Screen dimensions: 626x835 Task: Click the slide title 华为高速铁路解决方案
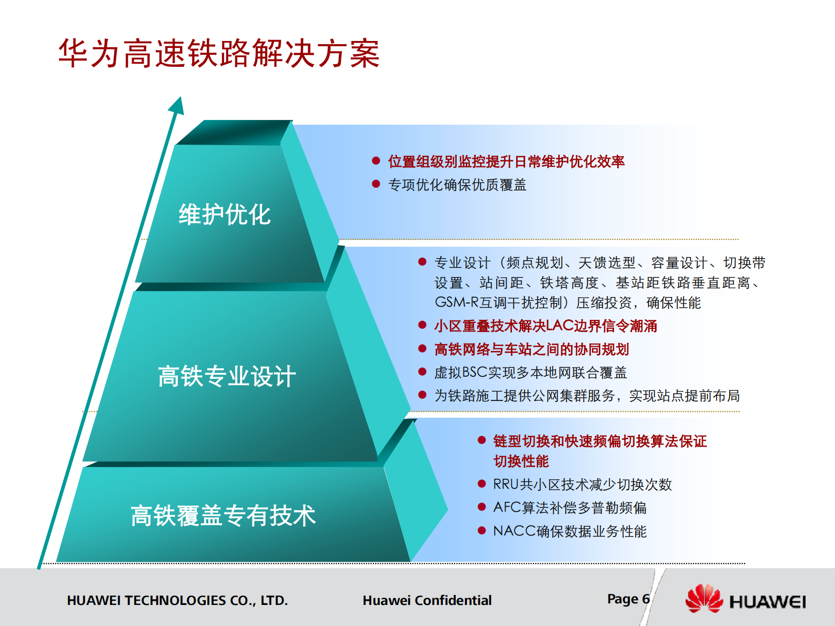219,54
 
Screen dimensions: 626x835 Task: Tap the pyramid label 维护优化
225,215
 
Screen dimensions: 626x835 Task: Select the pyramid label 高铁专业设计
227,377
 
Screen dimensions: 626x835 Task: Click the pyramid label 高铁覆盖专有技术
223,516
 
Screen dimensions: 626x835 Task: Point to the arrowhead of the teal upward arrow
177,105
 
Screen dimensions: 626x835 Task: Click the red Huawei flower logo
704,599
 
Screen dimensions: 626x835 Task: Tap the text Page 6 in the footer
628,599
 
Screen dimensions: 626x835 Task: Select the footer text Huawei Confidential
427,600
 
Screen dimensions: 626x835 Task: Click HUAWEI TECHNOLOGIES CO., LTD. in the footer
177,600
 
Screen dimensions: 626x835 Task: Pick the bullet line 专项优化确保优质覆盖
457,185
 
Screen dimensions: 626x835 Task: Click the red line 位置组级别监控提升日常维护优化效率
506,161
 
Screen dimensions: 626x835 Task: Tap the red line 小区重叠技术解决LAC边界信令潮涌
545,326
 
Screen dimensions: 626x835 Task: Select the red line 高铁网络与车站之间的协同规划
531,349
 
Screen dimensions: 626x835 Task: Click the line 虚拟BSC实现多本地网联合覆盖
530,372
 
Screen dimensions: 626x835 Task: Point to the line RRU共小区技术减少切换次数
582,484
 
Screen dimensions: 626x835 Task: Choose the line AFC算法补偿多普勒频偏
569,508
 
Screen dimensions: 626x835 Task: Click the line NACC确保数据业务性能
569,531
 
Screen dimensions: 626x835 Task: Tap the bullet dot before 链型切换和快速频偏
481,440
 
